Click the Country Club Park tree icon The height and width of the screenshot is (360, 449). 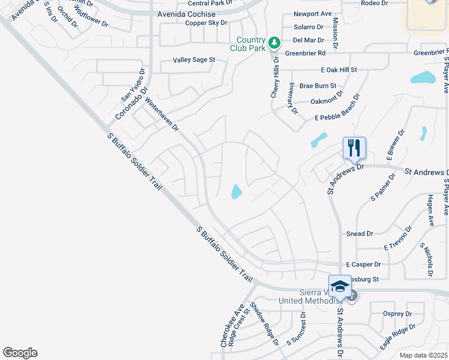274,43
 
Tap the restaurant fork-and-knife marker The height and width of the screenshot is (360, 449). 354,147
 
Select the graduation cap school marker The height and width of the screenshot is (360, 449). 340,286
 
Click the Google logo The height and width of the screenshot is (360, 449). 20,353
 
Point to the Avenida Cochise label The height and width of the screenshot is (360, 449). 186,14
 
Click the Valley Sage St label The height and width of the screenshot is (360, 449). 194,61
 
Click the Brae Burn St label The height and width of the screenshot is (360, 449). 318,86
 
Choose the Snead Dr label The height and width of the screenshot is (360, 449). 360,234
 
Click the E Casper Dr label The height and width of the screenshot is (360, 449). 364,265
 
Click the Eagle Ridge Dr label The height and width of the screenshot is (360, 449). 397,337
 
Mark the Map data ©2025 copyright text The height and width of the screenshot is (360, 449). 423,355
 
